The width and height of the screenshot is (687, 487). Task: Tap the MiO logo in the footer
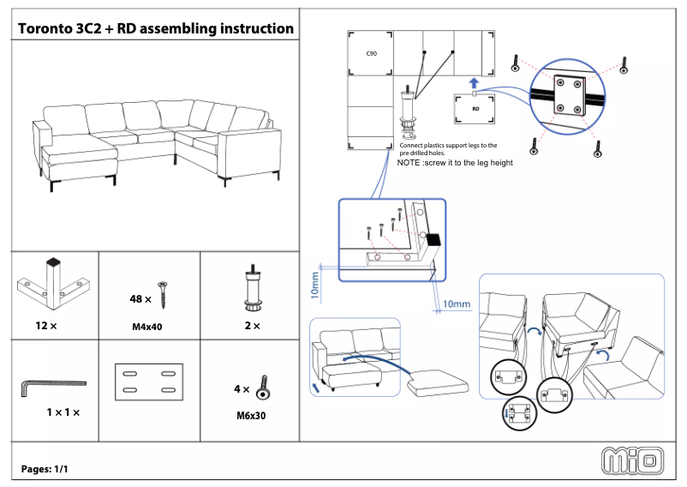(x=633, y=460)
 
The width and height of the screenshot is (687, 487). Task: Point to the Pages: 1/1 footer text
(x=45, y=469)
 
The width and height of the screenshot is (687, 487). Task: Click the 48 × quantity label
(x=140, y=299)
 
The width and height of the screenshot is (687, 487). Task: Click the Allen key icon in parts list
(x=51, y=387)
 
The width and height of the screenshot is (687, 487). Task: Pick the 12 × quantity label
(x=46, y=326)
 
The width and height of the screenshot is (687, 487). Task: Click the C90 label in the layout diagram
(x=372, y=53)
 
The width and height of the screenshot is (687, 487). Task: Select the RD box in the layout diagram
(x=475, y=109)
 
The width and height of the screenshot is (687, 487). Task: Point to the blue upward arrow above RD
(x=474, y=82)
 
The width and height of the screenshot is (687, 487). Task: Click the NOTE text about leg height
(x=455, y=162)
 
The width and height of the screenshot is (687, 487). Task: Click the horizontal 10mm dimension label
(x=457, y=304)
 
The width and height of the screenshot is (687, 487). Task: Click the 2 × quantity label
(x=252, y=326)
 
